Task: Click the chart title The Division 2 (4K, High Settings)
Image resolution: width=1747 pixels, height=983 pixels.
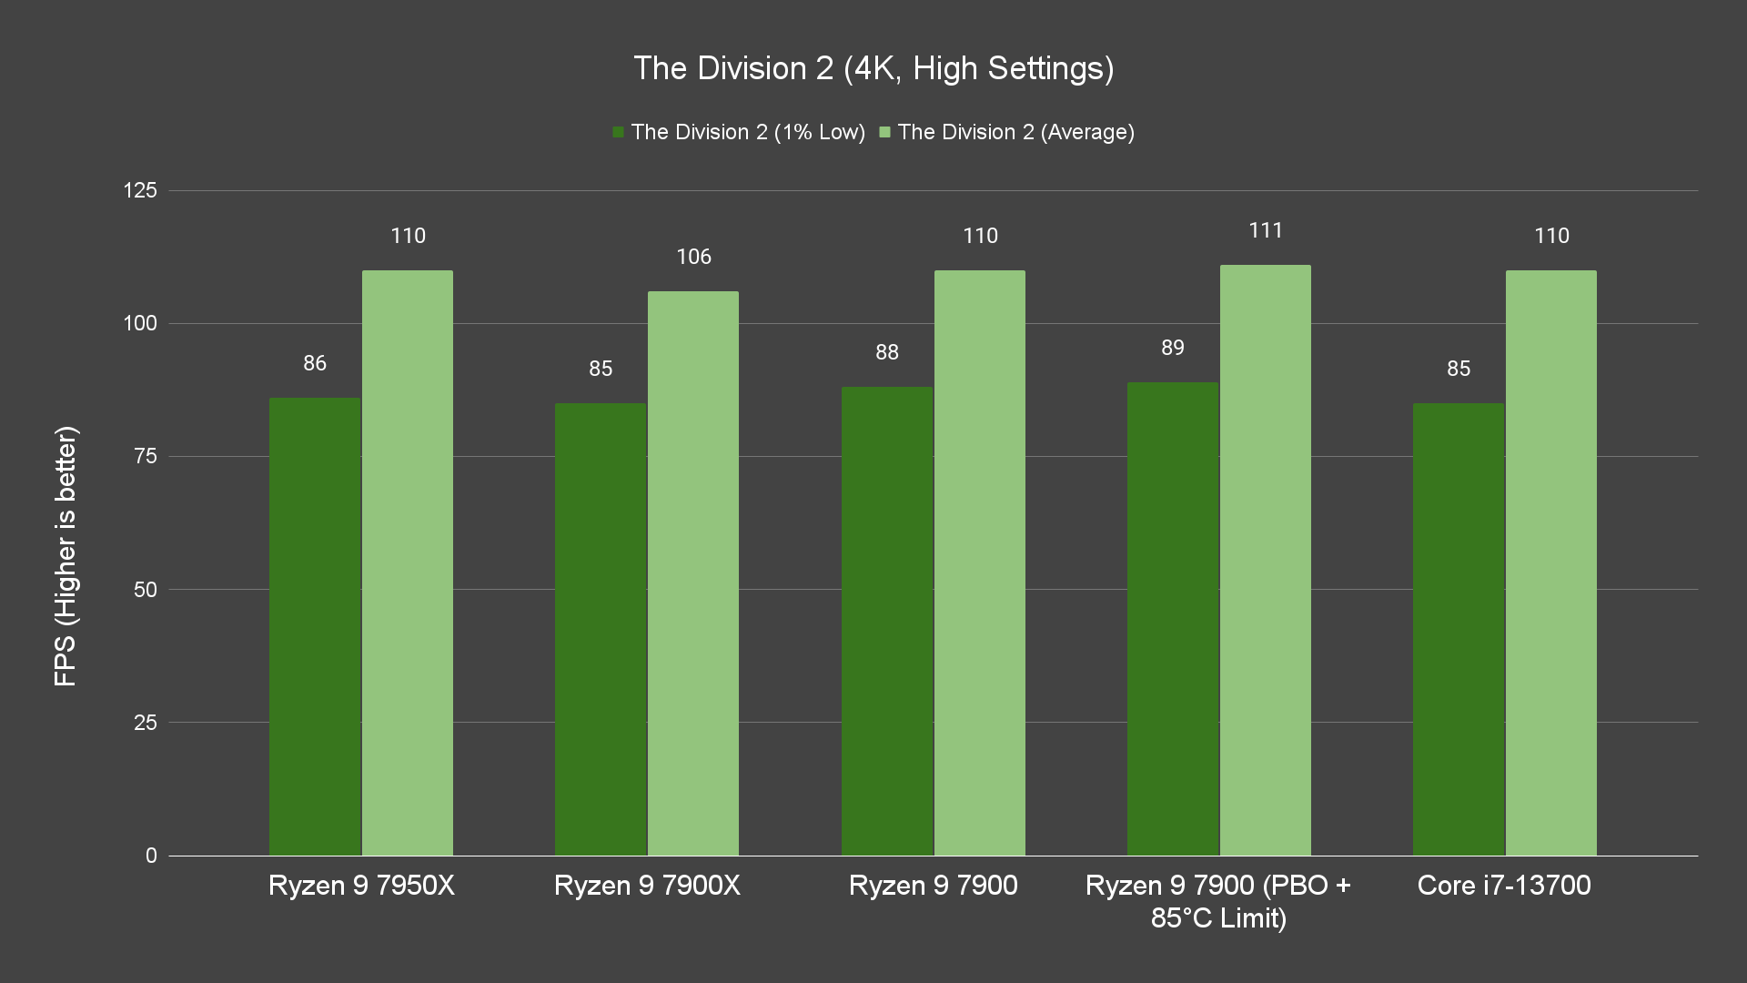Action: (x=873, y=68)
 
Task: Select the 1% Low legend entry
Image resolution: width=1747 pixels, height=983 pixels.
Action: (x=739, y=132)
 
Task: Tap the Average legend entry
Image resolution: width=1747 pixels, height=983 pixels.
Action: (x=1006, y=132)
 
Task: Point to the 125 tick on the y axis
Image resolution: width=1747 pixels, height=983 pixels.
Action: (x=140, y=190)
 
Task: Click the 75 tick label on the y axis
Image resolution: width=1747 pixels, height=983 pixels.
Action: (x=146, y=456)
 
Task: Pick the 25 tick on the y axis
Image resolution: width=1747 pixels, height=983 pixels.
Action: (x=146, y=723)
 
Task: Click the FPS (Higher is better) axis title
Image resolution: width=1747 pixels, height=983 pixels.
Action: (x=66, y=555)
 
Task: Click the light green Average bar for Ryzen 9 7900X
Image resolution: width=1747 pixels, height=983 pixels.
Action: (x=693, y=573)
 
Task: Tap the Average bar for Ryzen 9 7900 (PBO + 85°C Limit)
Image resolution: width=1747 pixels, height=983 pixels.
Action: (x=1265, y=560)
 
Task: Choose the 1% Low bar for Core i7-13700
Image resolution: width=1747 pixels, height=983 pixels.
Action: (x=1459, y=629)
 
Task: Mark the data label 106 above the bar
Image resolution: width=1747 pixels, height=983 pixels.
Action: (x=693, y=257)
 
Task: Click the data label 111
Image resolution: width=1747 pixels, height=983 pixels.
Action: (x=1266, y=230)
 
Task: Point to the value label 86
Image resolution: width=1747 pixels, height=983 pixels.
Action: (x=315, y=363)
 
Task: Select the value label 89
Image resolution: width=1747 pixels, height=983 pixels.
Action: (x=1173, y=348)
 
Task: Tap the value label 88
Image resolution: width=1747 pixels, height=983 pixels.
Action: (x=887, y=352)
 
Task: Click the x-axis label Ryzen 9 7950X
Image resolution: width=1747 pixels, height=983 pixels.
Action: (x=361, y=886)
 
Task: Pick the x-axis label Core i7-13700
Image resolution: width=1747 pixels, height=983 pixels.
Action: (x=1504, y=886)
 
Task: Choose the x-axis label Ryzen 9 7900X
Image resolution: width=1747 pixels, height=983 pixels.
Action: (x=647, y=886)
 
